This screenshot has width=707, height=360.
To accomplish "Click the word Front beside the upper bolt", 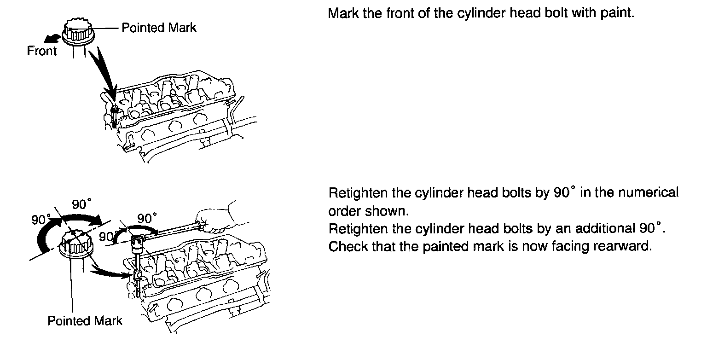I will pos(41,51).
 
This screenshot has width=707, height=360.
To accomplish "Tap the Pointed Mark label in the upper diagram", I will pos(159,28).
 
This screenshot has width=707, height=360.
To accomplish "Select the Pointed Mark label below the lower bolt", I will pos(85,320).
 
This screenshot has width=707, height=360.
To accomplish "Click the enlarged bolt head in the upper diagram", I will pos(78,31).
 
